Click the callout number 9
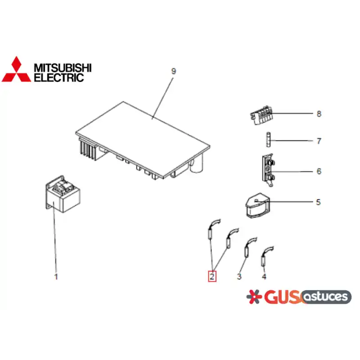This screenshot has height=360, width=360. (x=174, y=71)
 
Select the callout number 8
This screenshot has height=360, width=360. (x=319, y=114)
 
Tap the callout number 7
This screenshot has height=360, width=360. (x=319, y=141)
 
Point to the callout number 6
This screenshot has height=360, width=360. (x=319, y=171)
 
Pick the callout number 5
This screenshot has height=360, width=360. (x=318, y=202)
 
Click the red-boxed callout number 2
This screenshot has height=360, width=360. (x=212, y=276)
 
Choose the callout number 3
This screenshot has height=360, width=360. (x=239, y=277)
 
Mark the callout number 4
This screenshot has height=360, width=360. (x=264, y=277)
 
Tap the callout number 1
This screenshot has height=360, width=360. (x=56, y=277)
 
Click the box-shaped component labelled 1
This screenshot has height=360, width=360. (x=63, y=194)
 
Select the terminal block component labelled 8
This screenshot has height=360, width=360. (x=261, y=115)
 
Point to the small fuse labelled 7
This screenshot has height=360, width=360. (x=268, y=139)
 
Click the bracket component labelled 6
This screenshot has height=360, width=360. (x=268, y=171)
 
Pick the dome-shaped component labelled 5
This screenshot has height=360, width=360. (x=257, y=205)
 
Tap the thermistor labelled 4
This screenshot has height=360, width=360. (x=266, y=256)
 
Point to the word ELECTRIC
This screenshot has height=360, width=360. (x=59, y=77)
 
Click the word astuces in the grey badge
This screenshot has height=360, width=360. (x=326, y=297)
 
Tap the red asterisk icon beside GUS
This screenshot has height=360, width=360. (x=254, y=297)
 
